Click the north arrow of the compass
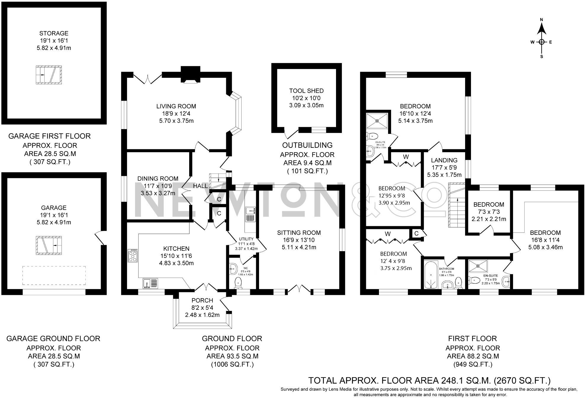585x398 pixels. tap(541, 29)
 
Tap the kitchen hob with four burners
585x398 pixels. tap(133, 256)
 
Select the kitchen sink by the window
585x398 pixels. tap(150, 283)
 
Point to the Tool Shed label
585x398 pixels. tap(306, 91)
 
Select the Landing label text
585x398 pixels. tap(444, 160)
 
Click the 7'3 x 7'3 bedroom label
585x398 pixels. tap(488, 212)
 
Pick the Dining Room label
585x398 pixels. tap(158, 179)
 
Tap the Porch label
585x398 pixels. tap(202, 300)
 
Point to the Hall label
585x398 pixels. tap(200, 186)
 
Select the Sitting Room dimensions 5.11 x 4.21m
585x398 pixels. tap(299, 247)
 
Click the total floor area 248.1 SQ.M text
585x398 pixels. tap(429, 380)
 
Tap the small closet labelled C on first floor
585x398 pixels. tap(416, 234)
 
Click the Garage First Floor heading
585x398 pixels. tap(49, 136)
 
